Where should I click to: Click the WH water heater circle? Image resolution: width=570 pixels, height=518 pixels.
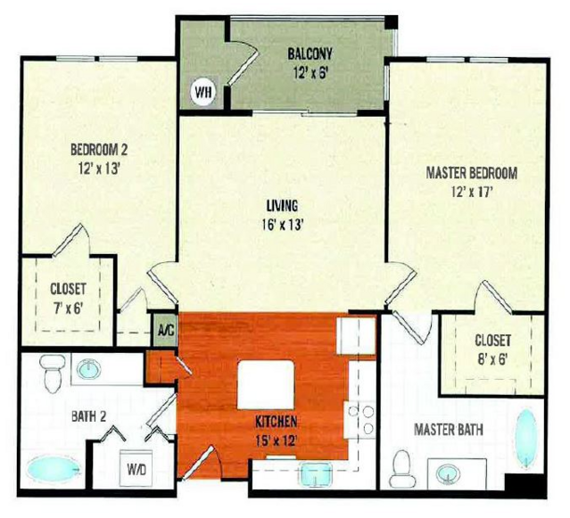tap(202, 93)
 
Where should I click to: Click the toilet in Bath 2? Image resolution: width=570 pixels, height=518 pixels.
tap(53, 374)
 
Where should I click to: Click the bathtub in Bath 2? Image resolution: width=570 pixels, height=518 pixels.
tap(54, 469)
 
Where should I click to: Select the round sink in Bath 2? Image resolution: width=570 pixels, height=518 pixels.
tap(89, 369)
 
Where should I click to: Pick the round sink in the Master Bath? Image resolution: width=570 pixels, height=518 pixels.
tap(448, 474)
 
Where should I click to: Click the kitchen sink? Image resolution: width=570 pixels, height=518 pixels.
tap(316, 473)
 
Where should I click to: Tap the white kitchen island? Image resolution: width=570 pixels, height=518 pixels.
tap(266, 384)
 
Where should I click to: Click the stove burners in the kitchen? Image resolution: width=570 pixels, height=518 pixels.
tap(361, 419)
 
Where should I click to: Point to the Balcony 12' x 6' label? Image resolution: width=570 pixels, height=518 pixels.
tap(310, 63)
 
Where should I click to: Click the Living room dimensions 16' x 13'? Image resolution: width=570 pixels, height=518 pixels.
tap(283, 226)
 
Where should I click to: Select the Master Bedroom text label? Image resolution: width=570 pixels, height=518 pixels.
tap(472, 173)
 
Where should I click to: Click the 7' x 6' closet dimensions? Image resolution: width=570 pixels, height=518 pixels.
tap(68, 308)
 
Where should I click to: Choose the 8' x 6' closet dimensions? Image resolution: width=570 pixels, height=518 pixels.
tap(492, 359)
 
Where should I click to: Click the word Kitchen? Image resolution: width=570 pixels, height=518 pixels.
tap(277, 422)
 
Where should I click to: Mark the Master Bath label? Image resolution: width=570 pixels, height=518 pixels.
tap(449, 430)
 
